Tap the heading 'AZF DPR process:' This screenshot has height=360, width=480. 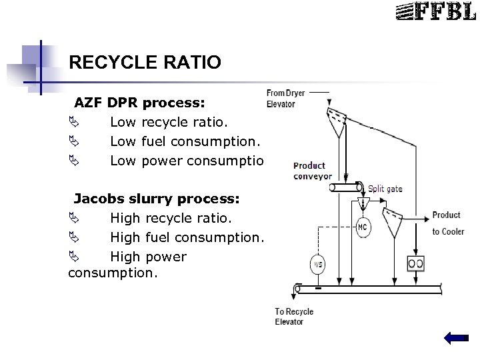[139, 103]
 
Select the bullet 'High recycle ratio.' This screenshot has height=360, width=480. [171, 218]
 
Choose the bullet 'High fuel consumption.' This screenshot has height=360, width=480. [187, 237]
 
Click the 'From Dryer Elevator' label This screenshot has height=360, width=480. [285, 98]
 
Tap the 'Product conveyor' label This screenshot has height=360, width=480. [312, 171]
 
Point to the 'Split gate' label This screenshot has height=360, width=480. [385, 189]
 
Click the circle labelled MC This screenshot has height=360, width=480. [363, 227]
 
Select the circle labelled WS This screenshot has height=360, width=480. [318, 265]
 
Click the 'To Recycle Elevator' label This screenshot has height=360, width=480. [294, 317]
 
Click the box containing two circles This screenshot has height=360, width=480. [415, 263]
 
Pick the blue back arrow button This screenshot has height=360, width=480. [456, 339]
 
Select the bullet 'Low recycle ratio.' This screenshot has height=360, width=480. [170, 122]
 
